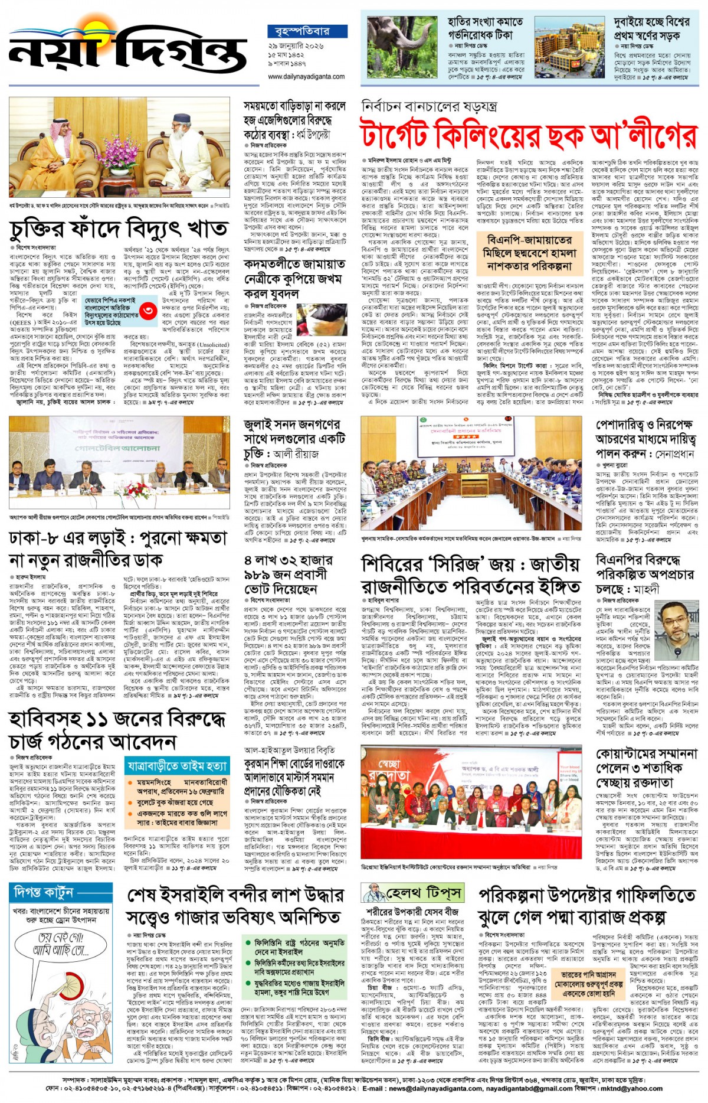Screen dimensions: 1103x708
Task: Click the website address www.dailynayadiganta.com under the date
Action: (306, 77)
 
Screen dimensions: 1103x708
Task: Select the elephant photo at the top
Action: (401, 48)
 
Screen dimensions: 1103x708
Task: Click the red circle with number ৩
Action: (150, 309)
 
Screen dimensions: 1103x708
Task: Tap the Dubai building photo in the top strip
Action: (570, 48)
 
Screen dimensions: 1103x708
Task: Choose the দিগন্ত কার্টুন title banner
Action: (44, 892)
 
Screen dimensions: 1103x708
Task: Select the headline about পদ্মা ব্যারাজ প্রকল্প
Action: (587, 906)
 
